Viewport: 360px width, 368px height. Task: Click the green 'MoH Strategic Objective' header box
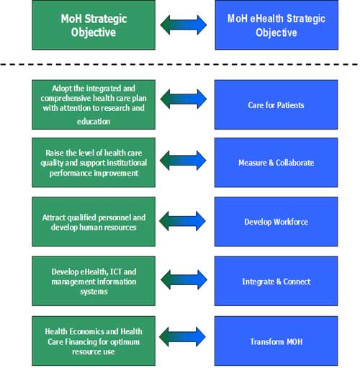[94, 25]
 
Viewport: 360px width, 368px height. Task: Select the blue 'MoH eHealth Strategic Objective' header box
[276, 25]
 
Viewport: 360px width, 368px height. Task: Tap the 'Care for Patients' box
[276, 104]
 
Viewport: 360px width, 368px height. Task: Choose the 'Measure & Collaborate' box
[276, 163]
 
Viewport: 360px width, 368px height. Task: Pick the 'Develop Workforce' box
[276, 222]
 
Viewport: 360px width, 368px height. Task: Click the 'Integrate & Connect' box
[276, 281]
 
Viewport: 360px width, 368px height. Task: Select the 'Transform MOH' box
[276, 341]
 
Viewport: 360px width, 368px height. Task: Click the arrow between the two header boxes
[184, 24]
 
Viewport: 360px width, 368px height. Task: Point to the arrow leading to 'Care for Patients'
[184, 99]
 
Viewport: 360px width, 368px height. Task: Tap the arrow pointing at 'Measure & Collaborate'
[183, 161]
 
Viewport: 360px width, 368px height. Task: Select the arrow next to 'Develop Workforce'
[182, 221]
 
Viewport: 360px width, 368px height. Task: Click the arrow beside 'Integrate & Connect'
[184, 279]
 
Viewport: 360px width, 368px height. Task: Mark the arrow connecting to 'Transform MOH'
[182, 337]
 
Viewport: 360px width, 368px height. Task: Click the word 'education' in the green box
[94, 122]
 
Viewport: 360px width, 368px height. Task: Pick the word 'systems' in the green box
[94, 292]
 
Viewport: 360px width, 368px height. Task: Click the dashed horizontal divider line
[179, 64]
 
